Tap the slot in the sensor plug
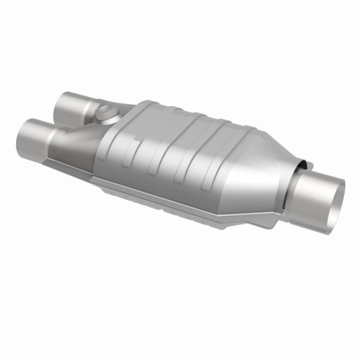tap(105, 110)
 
